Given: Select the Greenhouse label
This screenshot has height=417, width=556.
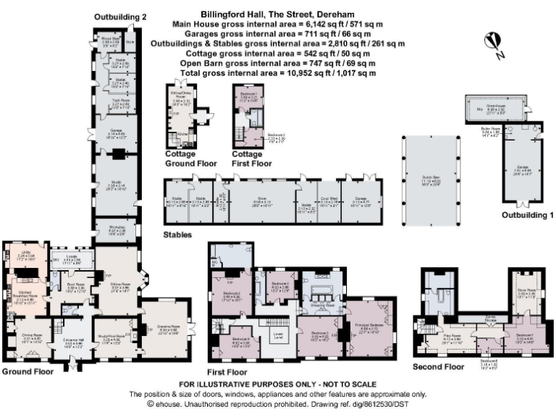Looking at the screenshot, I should (x=494, y=106).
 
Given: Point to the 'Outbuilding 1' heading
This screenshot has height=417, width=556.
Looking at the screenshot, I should (x=527, y=215).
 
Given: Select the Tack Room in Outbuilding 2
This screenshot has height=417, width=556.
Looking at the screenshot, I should (x=119, y=104).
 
